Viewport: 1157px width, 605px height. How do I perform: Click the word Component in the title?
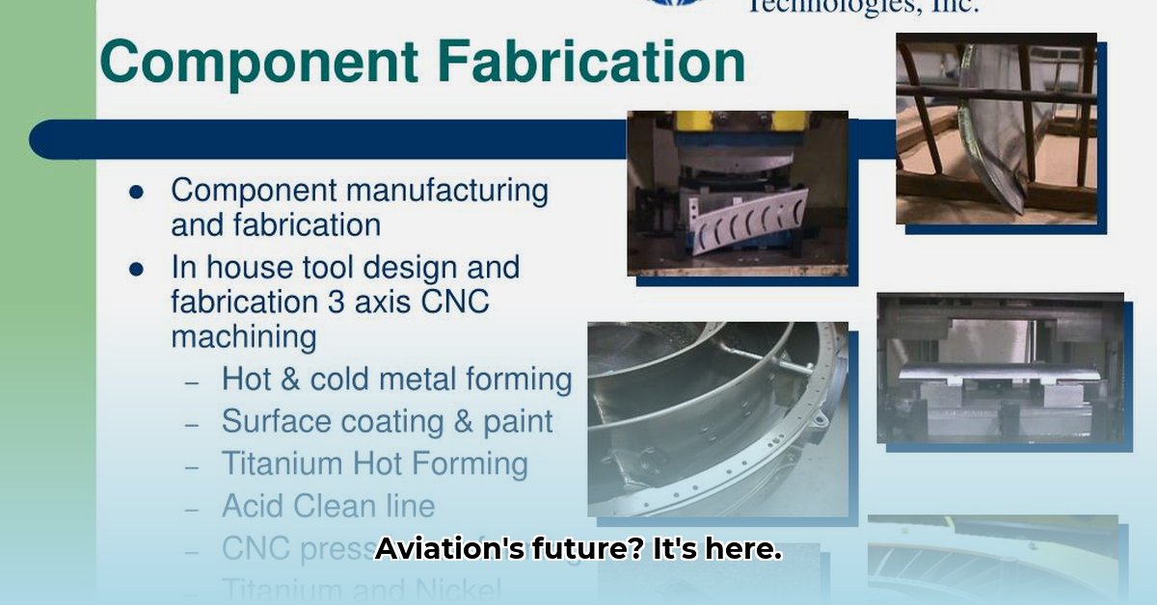[x=258, y=65]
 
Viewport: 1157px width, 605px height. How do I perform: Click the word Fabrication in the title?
[x=590, y=63]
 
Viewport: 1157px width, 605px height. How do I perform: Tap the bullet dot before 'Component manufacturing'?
[x=136, y=192]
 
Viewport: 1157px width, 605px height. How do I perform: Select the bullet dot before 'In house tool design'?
[x=136, y=269]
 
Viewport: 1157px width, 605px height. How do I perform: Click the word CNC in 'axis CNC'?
[x=455, y=302]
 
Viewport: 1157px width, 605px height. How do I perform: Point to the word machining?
[x=243, y=337]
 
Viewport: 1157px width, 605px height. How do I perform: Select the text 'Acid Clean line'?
[x=328, y=505]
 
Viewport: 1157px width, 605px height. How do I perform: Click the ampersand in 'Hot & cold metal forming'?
[x=289, y=379]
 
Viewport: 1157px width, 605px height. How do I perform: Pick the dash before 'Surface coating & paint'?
[x=193, y=424]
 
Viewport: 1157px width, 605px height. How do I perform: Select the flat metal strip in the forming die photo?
[x=998, y=376]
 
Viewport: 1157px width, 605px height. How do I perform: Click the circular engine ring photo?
[x=718, y=419]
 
